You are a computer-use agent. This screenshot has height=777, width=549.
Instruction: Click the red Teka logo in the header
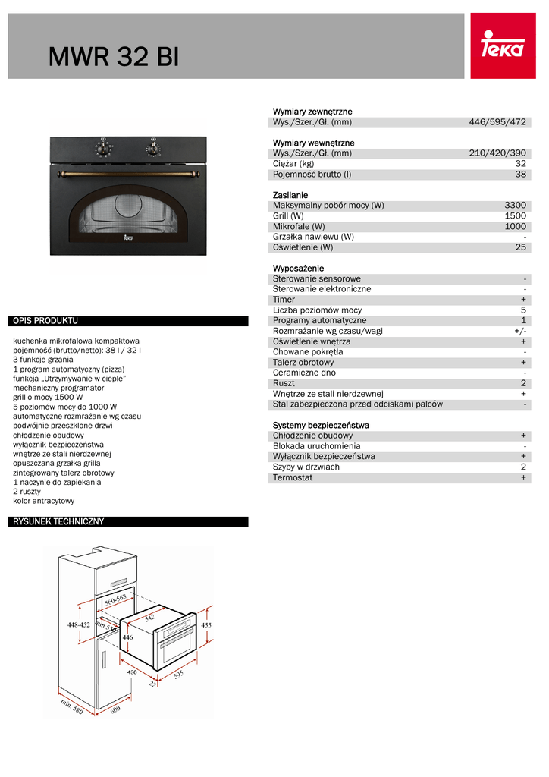coord(503,46)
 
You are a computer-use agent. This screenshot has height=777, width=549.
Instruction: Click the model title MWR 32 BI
coord(114,57)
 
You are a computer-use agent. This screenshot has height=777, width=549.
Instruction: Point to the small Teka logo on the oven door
coord(127,239)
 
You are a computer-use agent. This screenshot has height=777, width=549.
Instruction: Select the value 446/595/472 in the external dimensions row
coord(497,122)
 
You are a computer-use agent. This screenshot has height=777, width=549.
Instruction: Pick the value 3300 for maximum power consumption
coord(515,205)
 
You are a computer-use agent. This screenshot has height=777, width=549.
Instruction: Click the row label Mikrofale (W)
coord(299,226)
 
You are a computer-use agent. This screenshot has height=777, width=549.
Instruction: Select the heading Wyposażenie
coord(298,269)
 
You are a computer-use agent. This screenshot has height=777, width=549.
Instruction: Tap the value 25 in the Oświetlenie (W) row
coord(520,247)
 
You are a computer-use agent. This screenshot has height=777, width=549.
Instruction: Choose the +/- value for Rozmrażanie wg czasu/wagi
coord(519,331)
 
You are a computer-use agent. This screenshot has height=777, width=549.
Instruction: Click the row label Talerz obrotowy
coord(303,363)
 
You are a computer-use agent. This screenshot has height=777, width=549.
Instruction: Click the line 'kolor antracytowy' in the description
coord(44,501)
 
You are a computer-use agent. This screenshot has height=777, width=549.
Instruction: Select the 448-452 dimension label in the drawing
coord(78,624)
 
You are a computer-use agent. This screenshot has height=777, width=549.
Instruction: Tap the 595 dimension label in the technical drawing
coord(179,675)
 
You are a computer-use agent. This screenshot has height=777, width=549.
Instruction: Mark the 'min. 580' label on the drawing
coord(71,709)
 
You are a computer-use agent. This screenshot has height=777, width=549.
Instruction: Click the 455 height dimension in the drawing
coord(206,624)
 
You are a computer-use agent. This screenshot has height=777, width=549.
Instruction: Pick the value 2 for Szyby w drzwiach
coord(523,467)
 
